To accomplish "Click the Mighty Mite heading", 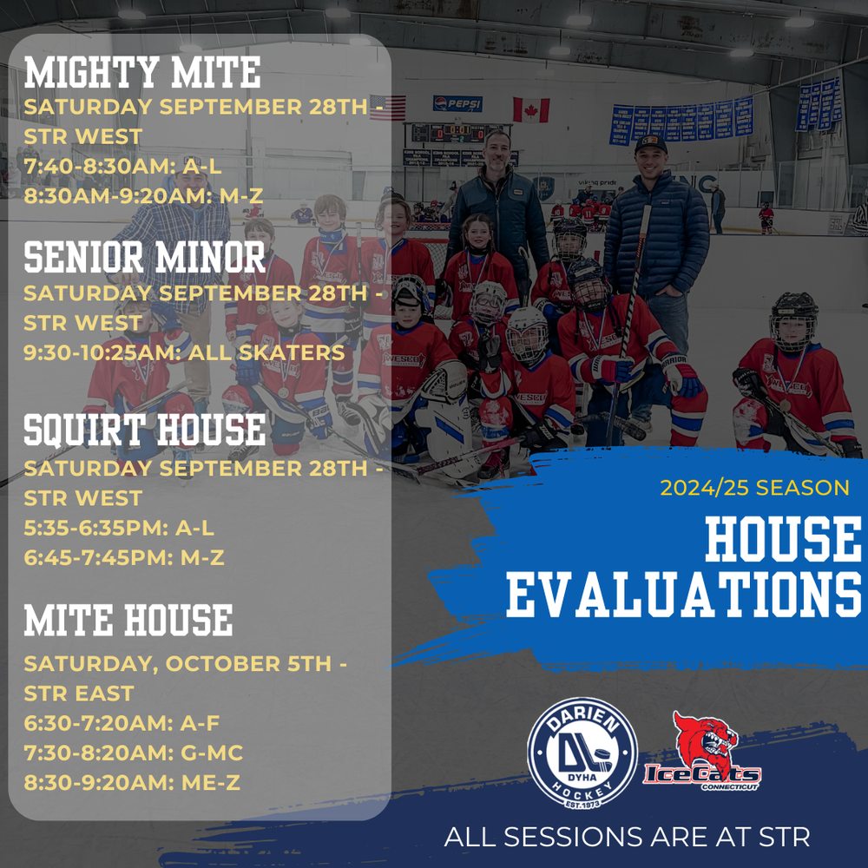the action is [x=142, y=73].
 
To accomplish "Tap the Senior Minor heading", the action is [x=144, y=258].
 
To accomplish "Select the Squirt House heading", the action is [x=144, y=431].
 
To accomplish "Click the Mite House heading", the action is [x=128, y=620].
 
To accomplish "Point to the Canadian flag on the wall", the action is [x=531, y=109].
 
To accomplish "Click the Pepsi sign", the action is [x=457, y=103].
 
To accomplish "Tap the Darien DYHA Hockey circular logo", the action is [x=582, y=753].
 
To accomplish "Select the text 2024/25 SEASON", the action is [x=754, y=488].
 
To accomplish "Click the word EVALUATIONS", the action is [x=684, y=595].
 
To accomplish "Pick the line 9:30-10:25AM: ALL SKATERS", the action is [x=184, y=352].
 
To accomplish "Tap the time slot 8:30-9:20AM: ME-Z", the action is [x=132, y=783].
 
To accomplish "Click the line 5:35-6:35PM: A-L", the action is [x=118, y=528].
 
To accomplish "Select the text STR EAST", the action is [x=79, y=693].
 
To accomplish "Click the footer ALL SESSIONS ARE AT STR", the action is [x=627, y=837].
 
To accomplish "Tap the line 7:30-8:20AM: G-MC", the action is [x=134, y=753].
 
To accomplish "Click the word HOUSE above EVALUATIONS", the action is [x=783, y=538].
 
